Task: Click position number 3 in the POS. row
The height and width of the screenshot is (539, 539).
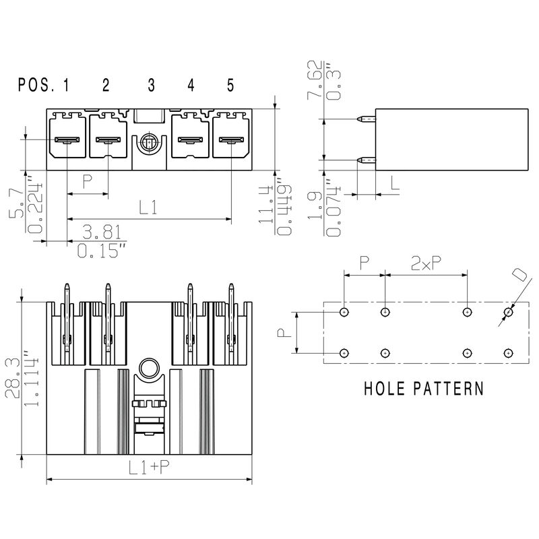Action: point(151,85)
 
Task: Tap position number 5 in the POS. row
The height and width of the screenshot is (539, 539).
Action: point(230,85)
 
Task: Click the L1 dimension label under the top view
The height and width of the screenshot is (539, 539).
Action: point(148,208)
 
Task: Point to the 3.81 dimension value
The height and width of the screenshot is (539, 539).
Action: point(102,232)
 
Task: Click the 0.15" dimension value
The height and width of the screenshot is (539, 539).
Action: point(102,252)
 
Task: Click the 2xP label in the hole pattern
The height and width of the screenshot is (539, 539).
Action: point(426,264)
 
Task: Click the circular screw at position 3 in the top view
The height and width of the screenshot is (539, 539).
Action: point(149,143)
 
